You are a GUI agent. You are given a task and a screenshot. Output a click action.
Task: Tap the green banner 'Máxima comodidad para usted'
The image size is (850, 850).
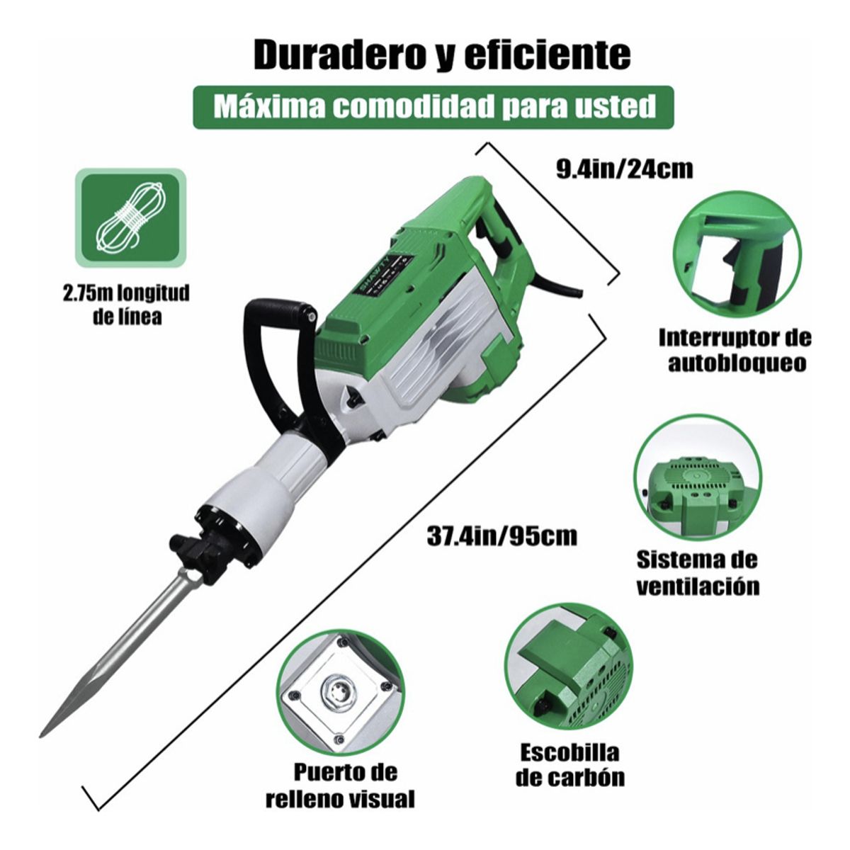(433, 107)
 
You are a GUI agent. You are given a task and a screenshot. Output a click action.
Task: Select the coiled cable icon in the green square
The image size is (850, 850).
(130, 216)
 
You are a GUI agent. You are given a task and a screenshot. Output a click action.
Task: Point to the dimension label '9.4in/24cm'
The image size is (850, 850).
(624, 169)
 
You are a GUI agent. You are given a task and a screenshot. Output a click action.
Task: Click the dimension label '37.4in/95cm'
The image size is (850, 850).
(501, 535)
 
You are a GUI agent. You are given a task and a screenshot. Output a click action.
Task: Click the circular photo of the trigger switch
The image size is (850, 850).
(735, 254)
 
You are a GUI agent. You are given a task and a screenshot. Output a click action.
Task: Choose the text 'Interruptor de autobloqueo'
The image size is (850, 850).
(735, 350)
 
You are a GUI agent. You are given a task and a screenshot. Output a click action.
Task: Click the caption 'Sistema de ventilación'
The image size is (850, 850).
(697, 572)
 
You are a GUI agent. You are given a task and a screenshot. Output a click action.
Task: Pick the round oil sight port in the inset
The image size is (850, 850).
(338, 689)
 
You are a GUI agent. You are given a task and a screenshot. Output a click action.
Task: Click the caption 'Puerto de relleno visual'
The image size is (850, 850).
(340, 786)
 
